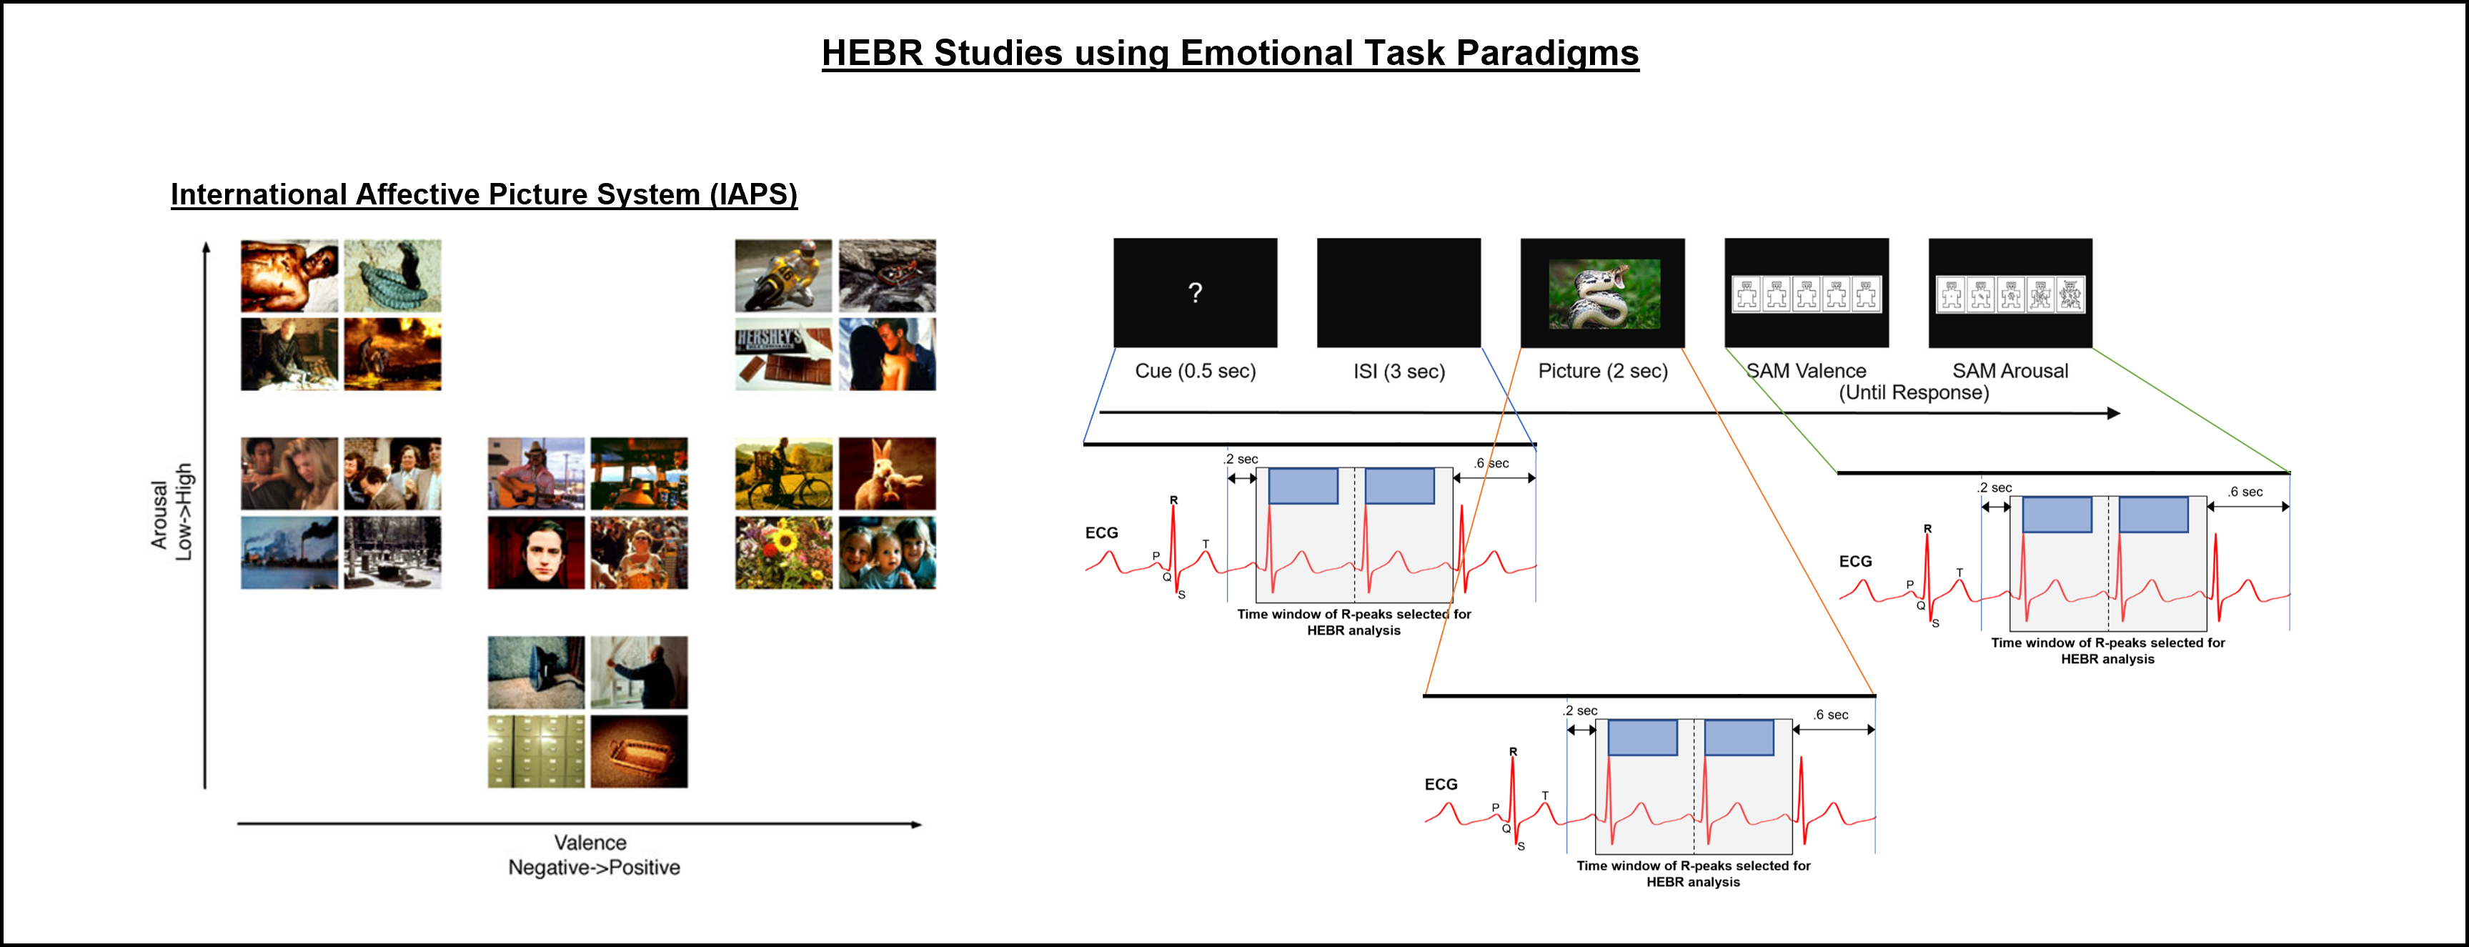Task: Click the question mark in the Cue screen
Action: click(x=1196, y=292)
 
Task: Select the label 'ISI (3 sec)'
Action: click(x=1399, y=372)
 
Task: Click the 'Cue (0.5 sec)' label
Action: click(x=1196, y=371)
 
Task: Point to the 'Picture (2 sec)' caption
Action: click(x=1603, y=371)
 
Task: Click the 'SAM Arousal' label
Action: click(x=2010, y=371)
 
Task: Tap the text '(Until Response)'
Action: click(x=1913, y=393)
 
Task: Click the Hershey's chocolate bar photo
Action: click(x=783, y=354)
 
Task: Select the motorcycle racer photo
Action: click(x=783, y=276)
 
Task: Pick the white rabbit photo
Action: click(x=887, y=473)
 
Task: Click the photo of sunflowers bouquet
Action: click(x=783, y=553)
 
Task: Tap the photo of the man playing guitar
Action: click(x=536, y=473)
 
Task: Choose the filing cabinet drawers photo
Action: click(x=536, y=751)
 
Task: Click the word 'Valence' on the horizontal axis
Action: click(x=590, y=843)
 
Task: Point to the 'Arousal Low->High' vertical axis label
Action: click(x=172, y=512)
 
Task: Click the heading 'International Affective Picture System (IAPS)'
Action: click(x=484, y=194)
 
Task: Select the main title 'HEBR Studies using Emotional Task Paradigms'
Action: click(x=1230, y=53)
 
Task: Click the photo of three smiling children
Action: click(x=887, y=553)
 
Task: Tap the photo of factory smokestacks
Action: click(x=289, y=553)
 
